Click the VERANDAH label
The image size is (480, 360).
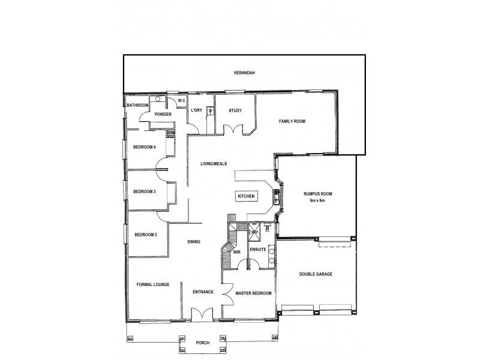pyautogui.click(x=244, y=73)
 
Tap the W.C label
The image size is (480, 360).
pyautogui.click(x=181, y=101)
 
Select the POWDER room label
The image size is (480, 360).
pyautogui.click(x=163, y=114)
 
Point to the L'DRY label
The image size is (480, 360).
pyautogui.click(x=196, y=110)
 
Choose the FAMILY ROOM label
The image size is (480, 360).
pyautogui.click(x=292, y=121)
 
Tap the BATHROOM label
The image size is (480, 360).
pyautogui.click(x=137, y=106)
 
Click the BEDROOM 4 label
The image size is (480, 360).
pyautogui.click(x=145, y=147)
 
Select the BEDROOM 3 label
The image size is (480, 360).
pyautogui.click(x=145, y=191)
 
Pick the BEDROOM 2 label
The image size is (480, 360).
pyautogui.click(x=145, y=235)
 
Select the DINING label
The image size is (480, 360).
pyautogui.click(x=193, y=242)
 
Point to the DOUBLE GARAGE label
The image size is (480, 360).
pyautogui.click(x=316, y=274)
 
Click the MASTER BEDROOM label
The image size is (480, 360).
pyautogui.click(x=253, y=293)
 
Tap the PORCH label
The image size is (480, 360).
pyautogui.click(x=203, y=343)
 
